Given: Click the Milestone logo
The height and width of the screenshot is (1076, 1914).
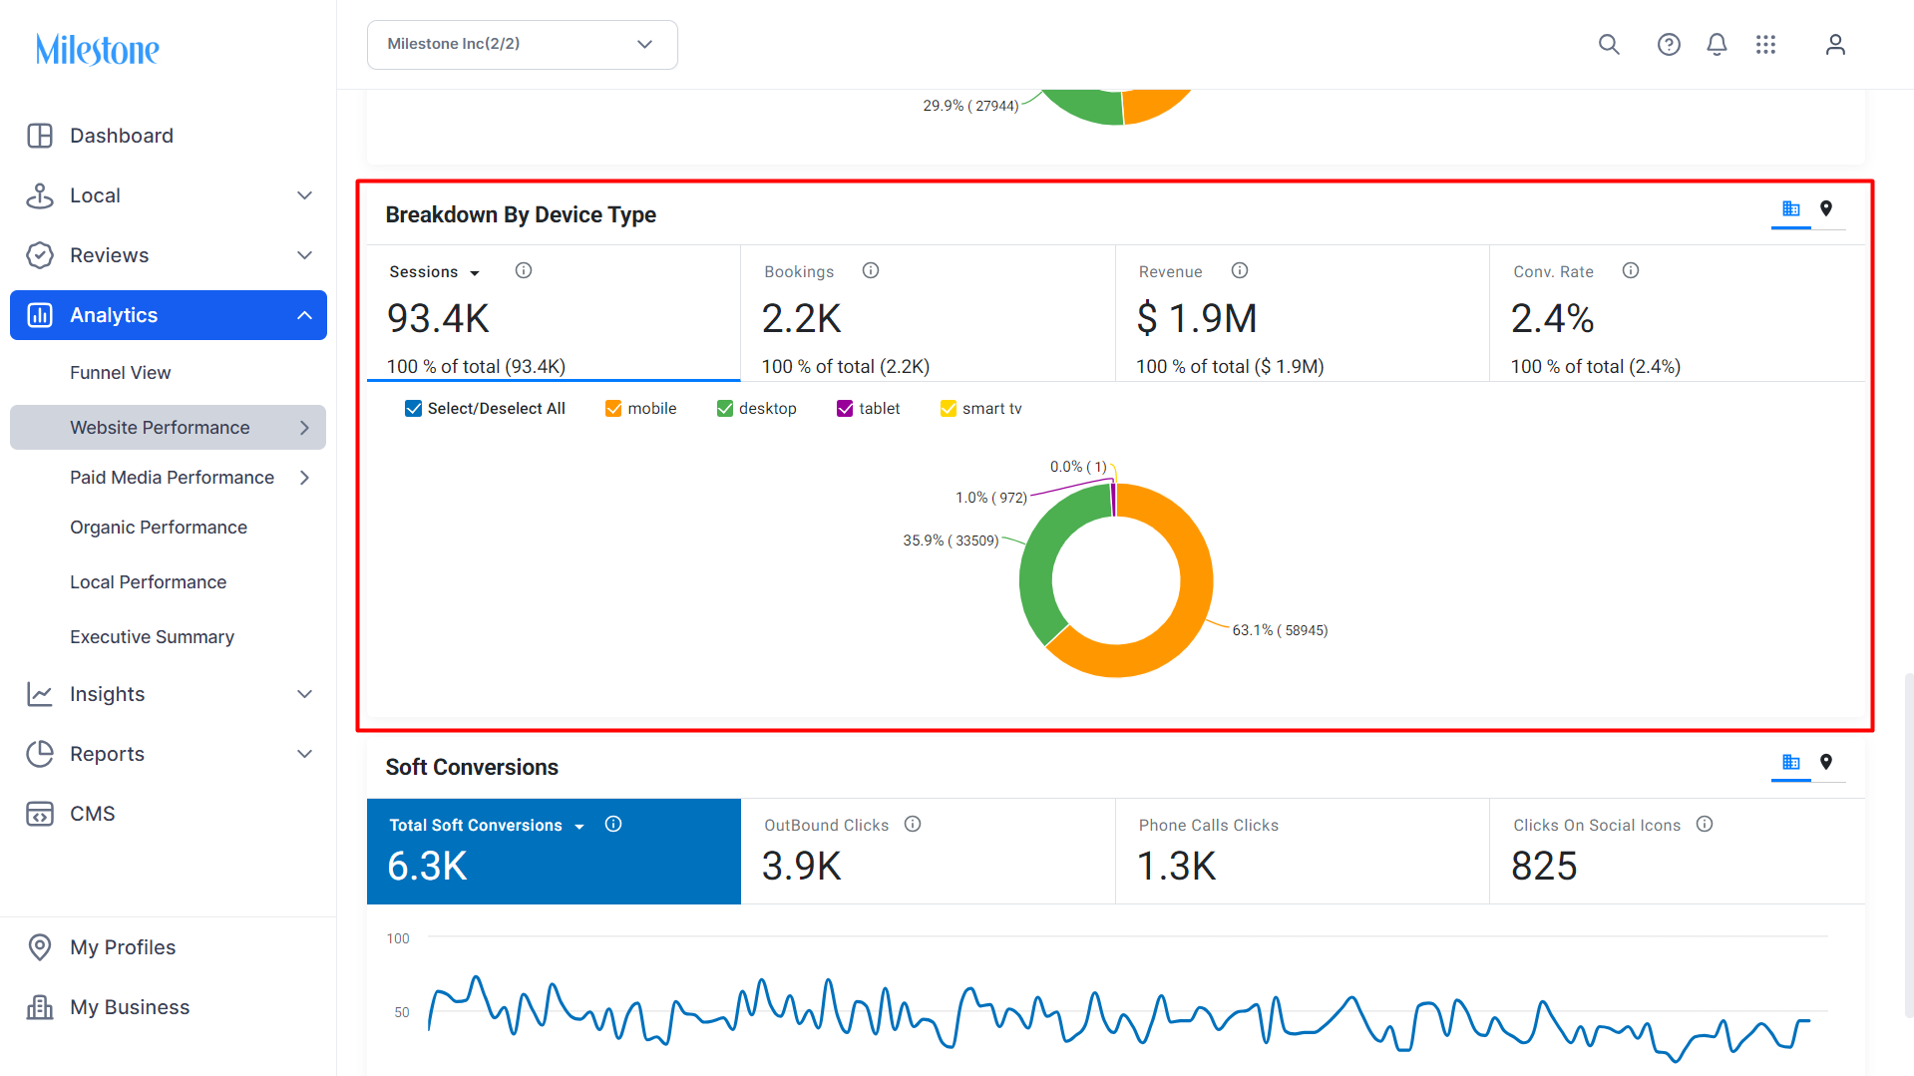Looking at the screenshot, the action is click(x=98, y=49).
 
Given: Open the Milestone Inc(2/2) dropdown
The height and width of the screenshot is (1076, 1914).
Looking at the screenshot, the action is click(x=522, y=45).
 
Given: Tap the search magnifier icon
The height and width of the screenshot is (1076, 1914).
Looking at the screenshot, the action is click(x=1609, y=45).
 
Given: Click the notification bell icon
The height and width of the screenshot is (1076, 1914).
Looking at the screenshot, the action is click(x=1717, y=45).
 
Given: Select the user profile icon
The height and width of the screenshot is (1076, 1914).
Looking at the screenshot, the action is click(x=1835, y=45).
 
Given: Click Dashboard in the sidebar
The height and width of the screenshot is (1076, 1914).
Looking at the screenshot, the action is click(x=122, y=136).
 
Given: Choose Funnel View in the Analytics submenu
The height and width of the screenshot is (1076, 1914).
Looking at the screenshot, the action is click(x=121, y=373).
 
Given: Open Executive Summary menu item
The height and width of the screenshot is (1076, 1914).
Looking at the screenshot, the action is click(x=152, y=637).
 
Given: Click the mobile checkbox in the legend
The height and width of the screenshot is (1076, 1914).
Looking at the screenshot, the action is click(x=613, y=409).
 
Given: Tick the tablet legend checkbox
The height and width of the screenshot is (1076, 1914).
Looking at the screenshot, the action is click(x=845, y=409).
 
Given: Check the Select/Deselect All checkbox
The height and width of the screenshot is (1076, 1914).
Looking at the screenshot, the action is click(x=413, y=409).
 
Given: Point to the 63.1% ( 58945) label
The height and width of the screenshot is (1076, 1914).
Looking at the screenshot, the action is click(x=1280, y=630).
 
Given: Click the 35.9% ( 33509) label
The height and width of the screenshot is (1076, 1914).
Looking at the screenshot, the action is click(x=951, y=540).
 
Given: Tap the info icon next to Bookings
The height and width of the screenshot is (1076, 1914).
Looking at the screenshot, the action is click(x=871, y=271).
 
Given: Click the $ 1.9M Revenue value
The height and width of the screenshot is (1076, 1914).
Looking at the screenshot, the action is click(x=1197, y=319).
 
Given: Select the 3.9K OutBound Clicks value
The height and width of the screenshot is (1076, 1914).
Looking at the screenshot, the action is click(x=802, y=867).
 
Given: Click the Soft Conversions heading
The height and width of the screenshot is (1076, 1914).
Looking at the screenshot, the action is click(x=472, y=767).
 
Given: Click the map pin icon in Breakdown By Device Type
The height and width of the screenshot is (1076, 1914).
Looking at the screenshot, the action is click(x=1826, y=208).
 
